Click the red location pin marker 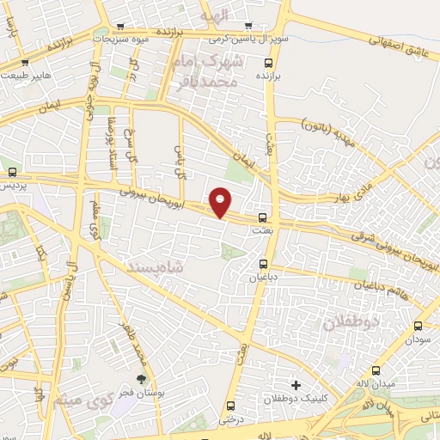[221, 202]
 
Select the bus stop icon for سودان [419, 326]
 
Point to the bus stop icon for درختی [229, 406]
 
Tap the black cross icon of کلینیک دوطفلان [296, 384]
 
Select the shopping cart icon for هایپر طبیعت [24, 63]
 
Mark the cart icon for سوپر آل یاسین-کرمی [248, 26]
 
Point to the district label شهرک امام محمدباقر [224, 72]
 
